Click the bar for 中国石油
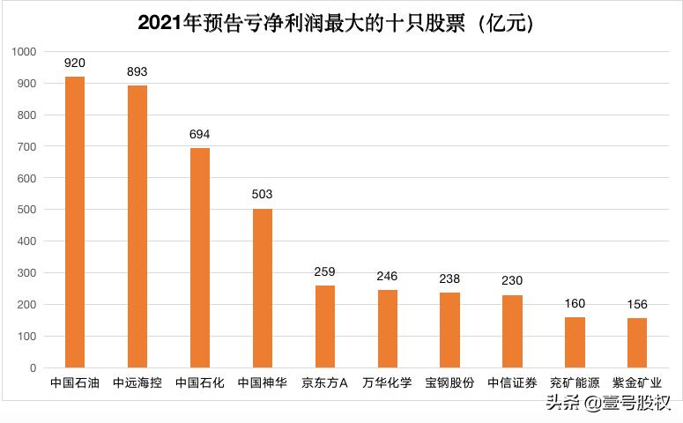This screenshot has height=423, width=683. [75, 221]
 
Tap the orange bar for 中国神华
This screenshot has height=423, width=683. [263, 287]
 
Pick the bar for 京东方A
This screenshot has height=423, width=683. [324, 326]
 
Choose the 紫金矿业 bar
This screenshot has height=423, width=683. [636, 342]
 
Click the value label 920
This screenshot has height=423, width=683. [75, 63]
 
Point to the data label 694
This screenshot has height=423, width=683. [200, 135]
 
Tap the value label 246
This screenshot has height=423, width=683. [387, 276]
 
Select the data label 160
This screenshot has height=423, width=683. [574, 303]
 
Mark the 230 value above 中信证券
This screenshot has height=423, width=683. [512, 281]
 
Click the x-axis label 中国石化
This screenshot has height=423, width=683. [200, 383]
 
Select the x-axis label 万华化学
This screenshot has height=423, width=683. [387, 383]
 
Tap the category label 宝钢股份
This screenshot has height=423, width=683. [449, 383]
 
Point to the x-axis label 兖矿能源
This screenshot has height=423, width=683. [574, 383]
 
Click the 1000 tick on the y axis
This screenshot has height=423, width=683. [24, 52]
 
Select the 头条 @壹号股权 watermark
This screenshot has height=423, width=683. [607, 404]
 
